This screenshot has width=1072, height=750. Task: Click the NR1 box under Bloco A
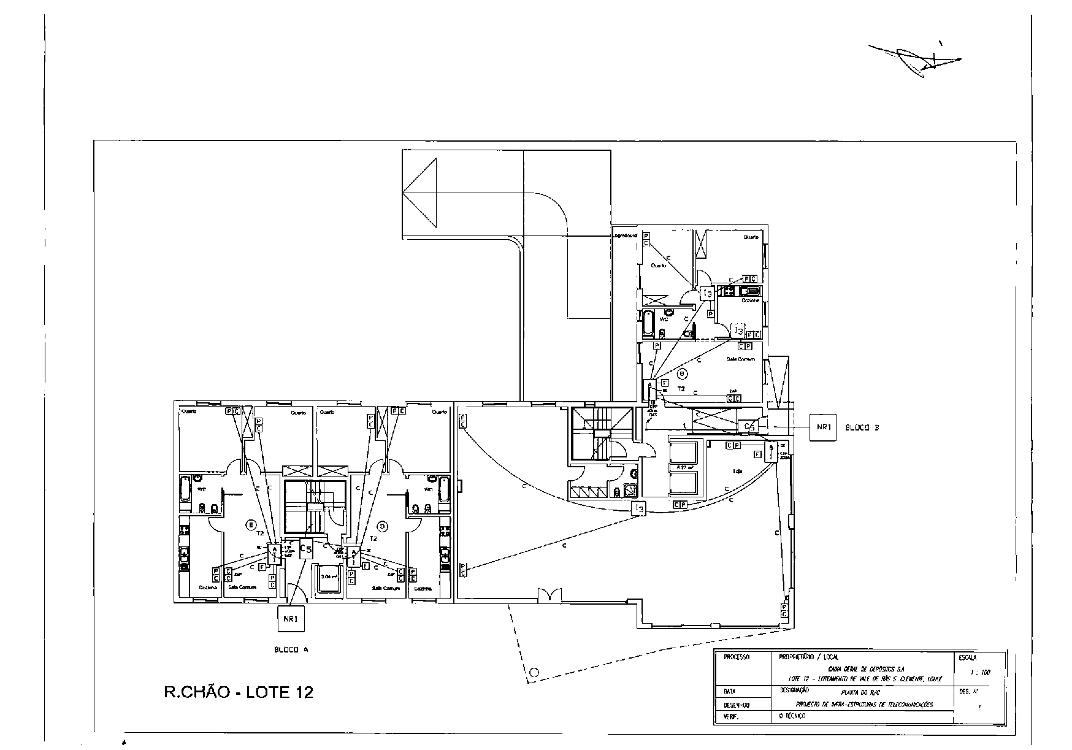coord(291,619)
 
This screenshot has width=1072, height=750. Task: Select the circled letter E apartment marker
coord(250,524)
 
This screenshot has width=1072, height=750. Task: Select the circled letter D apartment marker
coord(383,526)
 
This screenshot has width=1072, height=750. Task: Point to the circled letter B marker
coord(683,373)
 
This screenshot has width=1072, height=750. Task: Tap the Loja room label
coord(738,472)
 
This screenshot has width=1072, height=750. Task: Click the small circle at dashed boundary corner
coord(534,672)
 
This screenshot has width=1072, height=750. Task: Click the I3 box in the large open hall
coord(639,508)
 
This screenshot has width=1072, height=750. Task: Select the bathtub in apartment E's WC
coord(185,489)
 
